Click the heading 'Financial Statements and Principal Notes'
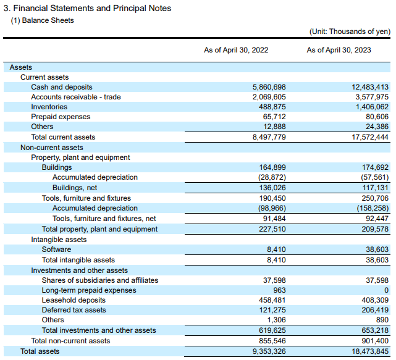[x=92, y=8]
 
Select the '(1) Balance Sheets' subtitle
[x=42, y=20]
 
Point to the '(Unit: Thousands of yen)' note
[x=350, y=31]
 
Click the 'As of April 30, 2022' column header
[x=236, y=50]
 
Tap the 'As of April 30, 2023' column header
[x=339, y=50]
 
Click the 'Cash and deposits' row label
[x=62, y=87]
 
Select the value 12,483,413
[x=370, y=87]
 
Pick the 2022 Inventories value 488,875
[x=272, y=107]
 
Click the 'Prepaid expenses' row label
[x=61, y=117]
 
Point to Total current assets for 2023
[x=370, y=137]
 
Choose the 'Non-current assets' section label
[x=52, y=148]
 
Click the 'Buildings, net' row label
[x=75, y=188]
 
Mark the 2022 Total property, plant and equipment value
[x=272, y=229]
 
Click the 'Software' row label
[x=57, y=249]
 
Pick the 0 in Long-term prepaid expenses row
[x=386, y=290]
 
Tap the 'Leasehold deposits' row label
[x=74, y=300]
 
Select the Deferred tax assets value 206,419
[x=375, y=310]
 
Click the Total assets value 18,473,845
[x=370, y=351]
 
